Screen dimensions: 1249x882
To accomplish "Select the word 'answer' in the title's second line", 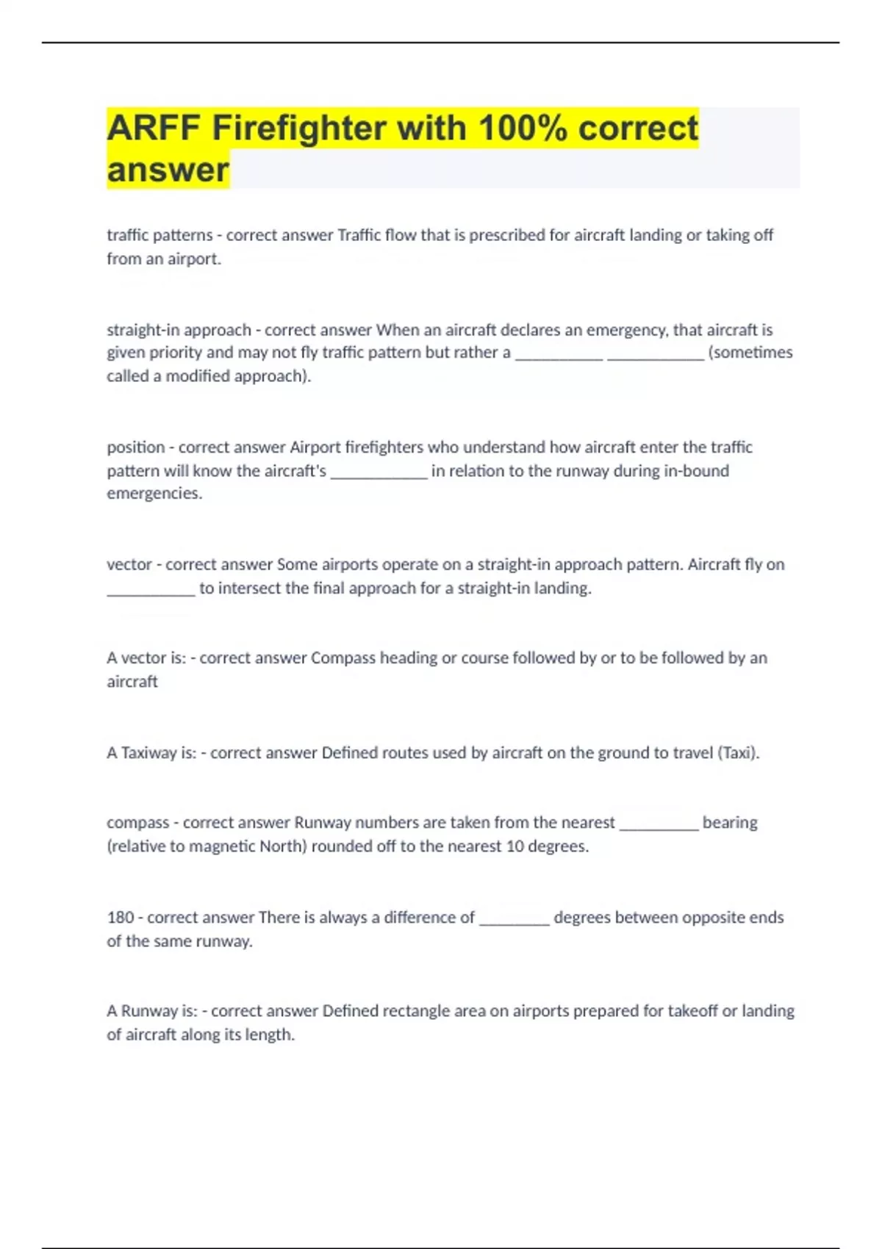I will click(168, 170).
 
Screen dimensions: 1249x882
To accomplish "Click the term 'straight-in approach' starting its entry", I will click(179, 330).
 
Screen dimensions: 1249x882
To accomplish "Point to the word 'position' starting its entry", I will click(135, 447).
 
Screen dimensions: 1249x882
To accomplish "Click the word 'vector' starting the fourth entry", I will click(129, 564).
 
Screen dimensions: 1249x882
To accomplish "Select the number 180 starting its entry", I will click(121, 918).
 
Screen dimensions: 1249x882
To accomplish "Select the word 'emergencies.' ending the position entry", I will click(154, 494).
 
